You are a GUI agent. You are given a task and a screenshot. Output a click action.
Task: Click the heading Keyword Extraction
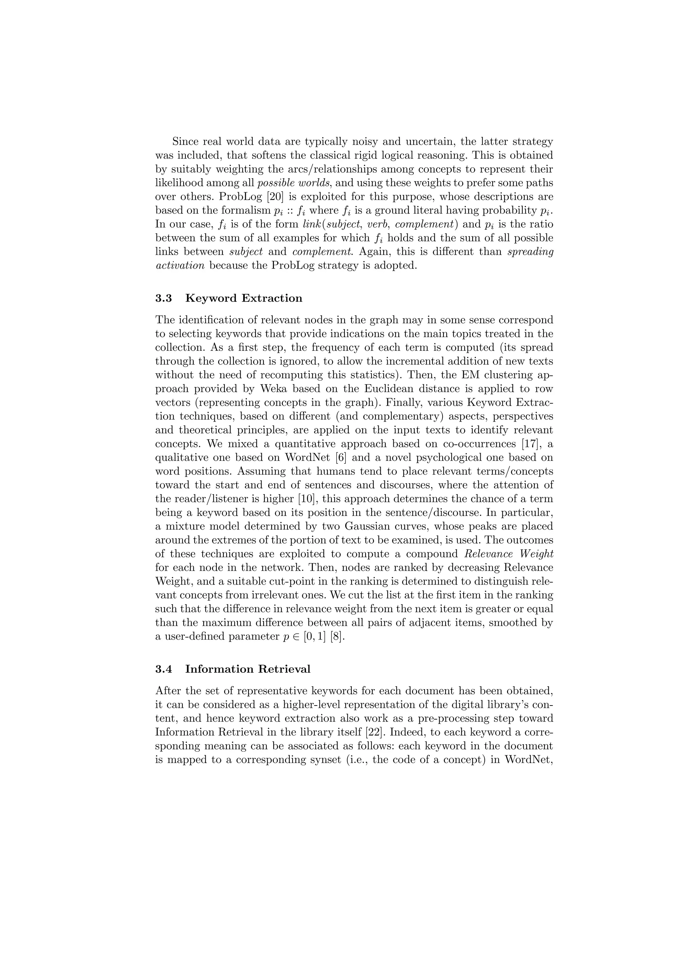(x=243, y=298)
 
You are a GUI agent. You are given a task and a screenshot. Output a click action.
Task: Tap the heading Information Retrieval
(x=248, y=669)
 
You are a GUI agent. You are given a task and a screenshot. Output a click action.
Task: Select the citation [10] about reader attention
(x=305, y=499)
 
